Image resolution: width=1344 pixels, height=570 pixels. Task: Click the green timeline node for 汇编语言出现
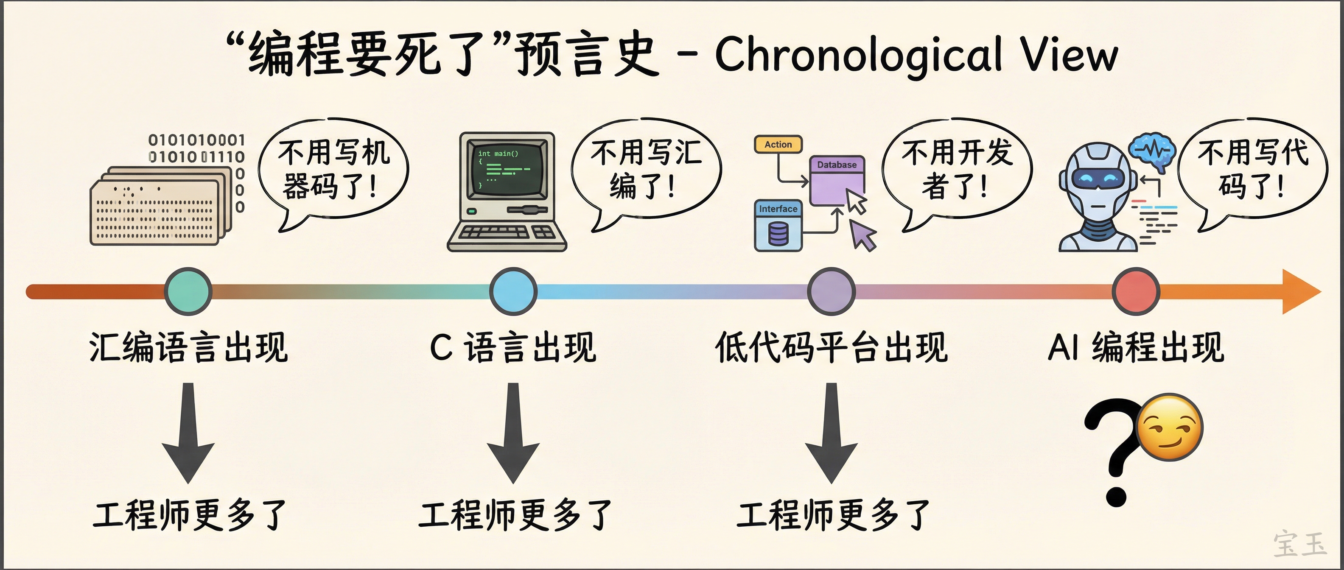point(188,291)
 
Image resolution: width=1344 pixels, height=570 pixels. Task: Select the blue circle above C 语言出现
point(513,291)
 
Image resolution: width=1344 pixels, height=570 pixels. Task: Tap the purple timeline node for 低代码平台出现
point(831,291)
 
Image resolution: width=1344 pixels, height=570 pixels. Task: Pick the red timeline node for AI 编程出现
point(1136,291)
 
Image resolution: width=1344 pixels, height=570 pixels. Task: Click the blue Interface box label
point(778,209)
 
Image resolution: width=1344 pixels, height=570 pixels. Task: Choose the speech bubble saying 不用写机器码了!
point(334,170)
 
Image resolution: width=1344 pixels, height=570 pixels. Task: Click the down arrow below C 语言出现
point(513,433)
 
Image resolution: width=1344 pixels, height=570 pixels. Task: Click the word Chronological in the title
point(858,55)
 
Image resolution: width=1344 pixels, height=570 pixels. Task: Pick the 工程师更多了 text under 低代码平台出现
point(833,515)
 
